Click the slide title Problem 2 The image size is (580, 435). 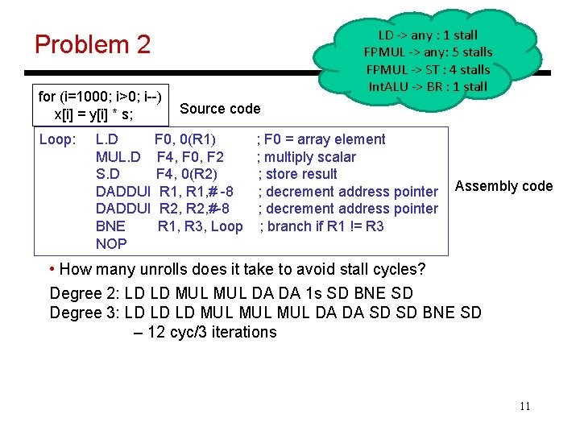point(93,44)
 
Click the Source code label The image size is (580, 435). point(220,109)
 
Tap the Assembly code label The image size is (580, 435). point(503,186)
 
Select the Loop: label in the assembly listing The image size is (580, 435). point(57,139)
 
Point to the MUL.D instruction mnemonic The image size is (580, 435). point(118,157)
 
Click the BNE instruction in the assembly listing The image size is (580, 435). point(110,226)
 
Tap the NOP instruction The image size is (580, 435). point(111,243)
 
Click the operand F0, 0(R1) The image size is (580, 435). point(184,139)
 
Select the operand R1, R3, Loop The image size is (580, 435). point(200,226)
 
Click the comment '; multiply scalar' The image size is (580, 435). point(306,157)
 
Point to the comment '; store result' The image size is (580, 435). point(297,174)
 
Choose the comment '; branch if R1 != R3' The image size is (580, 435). point(321,226)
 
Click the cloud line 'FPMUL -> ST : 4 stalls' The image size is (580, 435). point(428,69)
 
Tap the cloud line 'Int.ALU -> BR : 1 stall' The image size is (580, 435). point(428,86)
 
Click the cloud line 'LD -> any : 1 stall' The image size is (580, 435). point(428,35)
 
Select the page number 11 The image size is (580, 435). point(524,406)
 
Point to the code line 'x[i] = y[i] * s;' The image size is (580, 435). point(93,114)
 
